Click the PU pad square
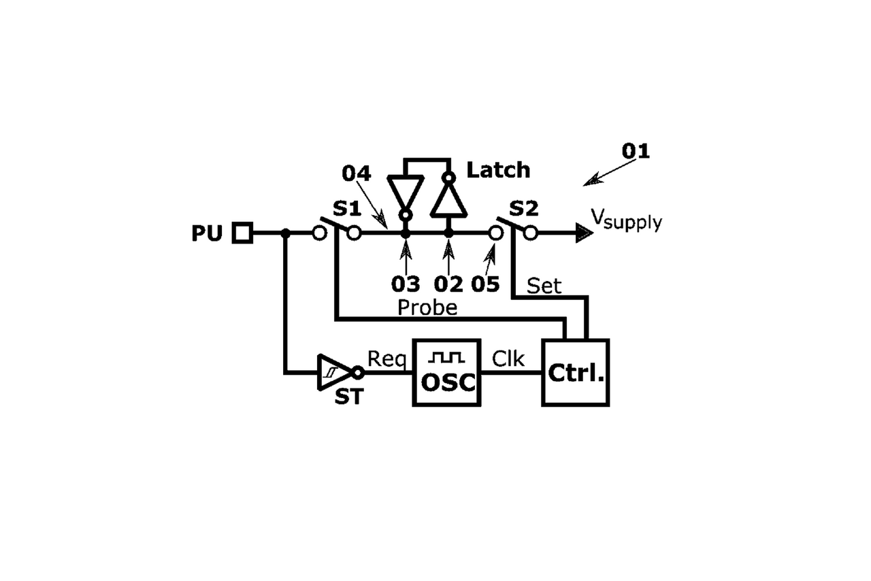pos(242,233)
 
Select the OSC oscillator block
pos(447,372)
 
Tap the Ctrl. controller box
pos(575,372)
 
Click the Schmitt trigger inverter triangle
pos(334,372)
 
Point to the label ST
pos(348,397)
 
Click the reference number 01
pos(635,151)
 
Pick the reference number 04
pos(356,173)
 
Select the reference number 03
pos(406,283)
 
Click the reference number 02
pos(448,283)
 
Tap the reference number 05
pos(485,283)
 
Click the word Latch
pos(498,170)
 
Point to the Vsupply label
pos(625,219)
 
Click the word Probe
pos(427,308)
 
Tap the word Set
pos(544,286)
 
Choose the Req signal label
pos(387,359)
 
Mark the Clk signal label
pos(508,359)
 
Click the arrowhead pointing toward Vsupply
pos(584,233)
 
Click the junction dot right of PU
pos(286,233)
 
